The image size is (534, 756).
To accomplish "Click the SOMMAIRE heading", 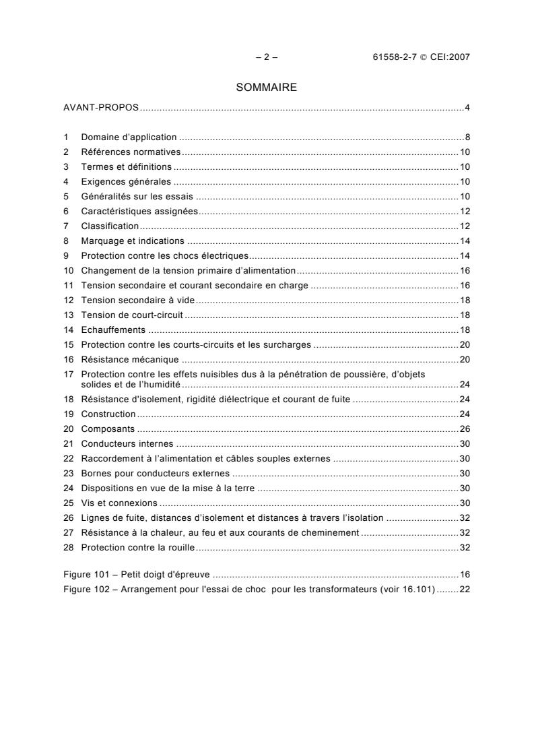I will (x=267, y=87).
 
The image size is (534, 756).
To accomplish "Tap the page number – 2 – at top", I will (x=267, y=57).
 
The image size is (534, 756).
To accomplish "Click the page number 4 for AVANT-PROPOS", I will (x=467, y=108).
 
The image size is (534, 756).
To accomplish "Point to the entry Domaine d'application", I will (x=129, y=137).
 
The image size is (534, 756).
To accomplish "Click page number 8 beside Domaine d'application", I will (x=467, y=137).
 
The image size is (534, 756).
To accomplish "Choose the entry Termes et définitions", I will (x=126, y=166).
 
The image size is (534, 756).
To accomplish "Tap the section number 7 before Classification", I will (x=66, y=226).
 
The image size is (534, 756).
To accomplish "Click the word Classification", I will (x=110, y=226).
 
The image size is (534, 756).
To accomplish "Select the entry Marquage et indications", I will (x=133, y=241).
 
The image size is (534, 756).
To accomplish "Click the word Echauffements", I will (x=113, y=330).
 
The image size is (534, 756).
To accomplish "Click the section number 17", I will (x=68, y=374).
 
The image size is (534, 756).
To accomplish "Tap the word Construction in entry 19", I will (x=108, y=414).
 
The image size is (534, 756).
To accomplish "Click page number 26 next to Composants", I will (x=465, y=429).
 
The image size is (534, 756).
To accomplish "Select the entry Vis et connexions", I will (x=119, y=503).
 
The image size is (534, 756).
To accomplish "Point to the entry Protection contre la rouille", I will (x=137, y=548).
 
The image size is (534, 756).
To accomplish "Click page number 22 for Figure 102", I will (x=465, y=590).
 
